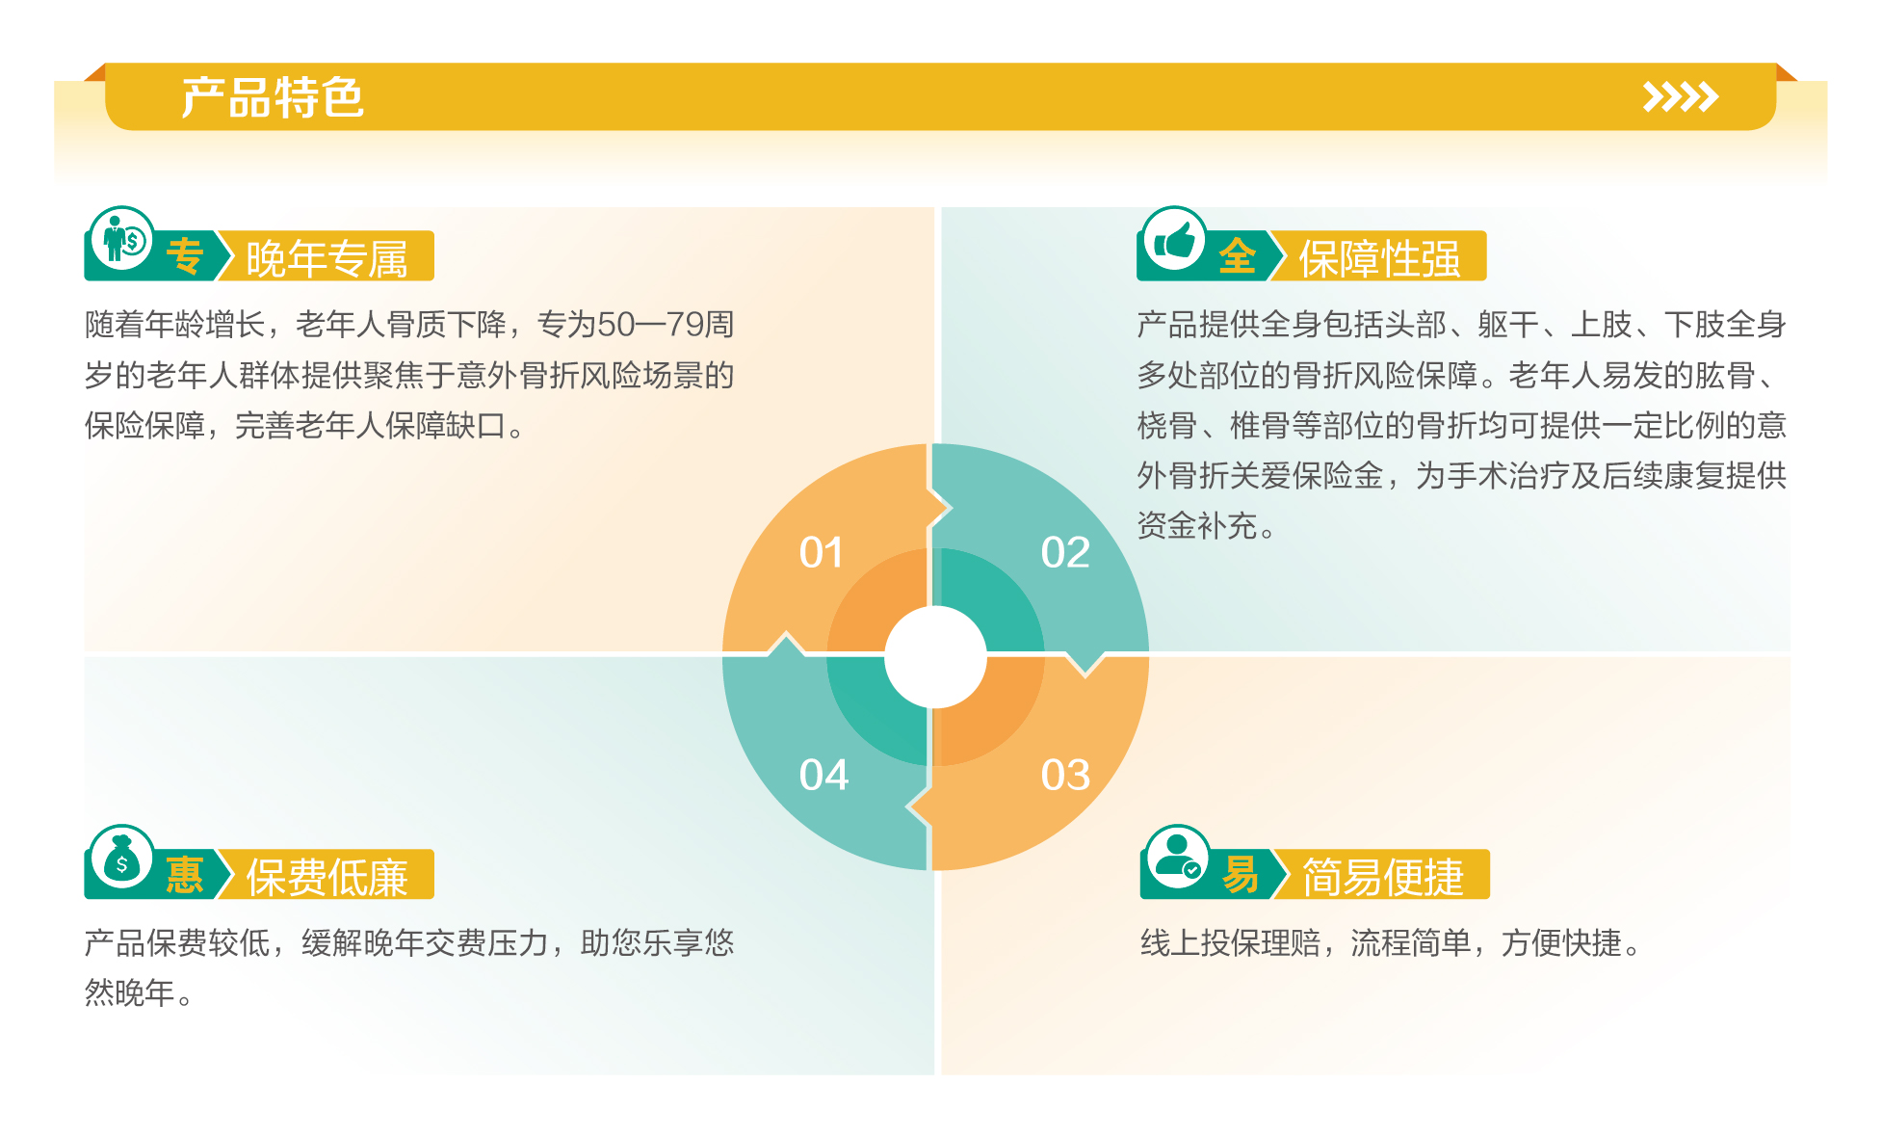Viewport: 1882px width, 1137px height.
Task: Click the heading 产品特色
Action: coord(273,97)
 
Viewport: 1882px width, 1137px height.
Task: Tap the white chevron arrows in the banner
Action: coord(1680,97)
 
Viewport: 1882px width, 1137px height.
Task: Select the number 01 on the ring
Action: coord(822,553)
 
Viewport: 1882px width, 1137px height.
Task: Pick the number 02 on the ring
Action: coord(1065,553)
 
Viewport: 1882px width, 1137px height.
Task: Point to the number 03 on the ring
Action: coord(1065,776)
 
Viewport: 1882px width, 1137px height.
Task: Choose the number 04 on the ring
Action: coord(823,776)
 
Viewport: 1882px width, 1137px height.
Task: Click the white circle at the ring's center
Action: coord(935,657)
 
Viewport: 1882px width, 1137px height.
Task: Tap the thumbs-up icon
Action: coord(1174,240)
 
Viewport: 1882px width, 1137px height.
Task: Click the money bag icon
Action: coord(121,859)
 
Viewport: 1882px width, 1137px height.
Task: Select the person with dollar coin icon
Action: coord(122,239)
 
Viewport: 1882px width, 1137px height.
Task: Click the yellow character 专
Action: coord(184,257)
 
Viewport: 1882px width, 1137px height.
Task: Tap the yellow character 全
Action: coord(1237,257)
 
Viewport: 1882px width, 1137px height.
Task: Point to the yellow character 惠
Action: coord(184,876)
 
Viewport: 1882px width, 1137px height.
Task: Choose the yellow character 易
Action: coord(1240,876)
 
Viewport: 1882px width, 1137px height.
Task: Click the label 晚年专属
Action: coord(327,258)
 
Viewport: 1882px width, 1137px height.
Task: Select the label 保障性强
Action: coord(1379,258)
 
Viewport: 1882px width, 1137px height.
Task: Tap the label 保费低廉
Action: coord(327,877)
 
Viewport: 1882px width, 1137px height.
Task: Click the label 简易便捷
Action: coord(1382,877)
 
